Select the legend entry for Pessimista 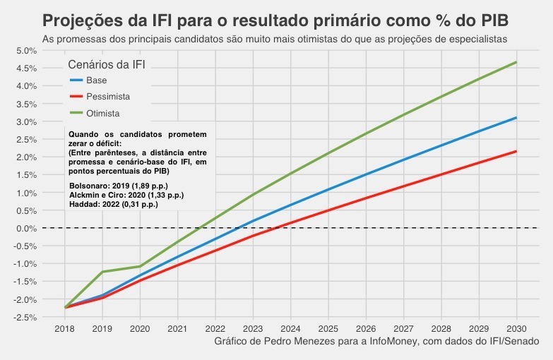pos(108,96)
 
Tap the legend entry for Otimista pos(103,113)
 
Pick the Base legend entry pos(97,80)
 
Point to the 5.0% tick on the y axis pos(25,51)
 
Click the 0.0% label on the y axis pos(25,228)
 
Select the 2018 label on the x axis pos(65,329)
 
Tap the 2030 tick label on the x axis pos(516,329)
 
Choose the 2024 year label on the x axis pos(290,329)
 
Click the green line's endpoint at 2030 pos(516,62)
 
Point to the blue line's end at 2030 pos(516,118)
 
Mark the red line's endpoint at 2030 pos(516,151)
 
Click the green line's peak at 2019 pos(103,272)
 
